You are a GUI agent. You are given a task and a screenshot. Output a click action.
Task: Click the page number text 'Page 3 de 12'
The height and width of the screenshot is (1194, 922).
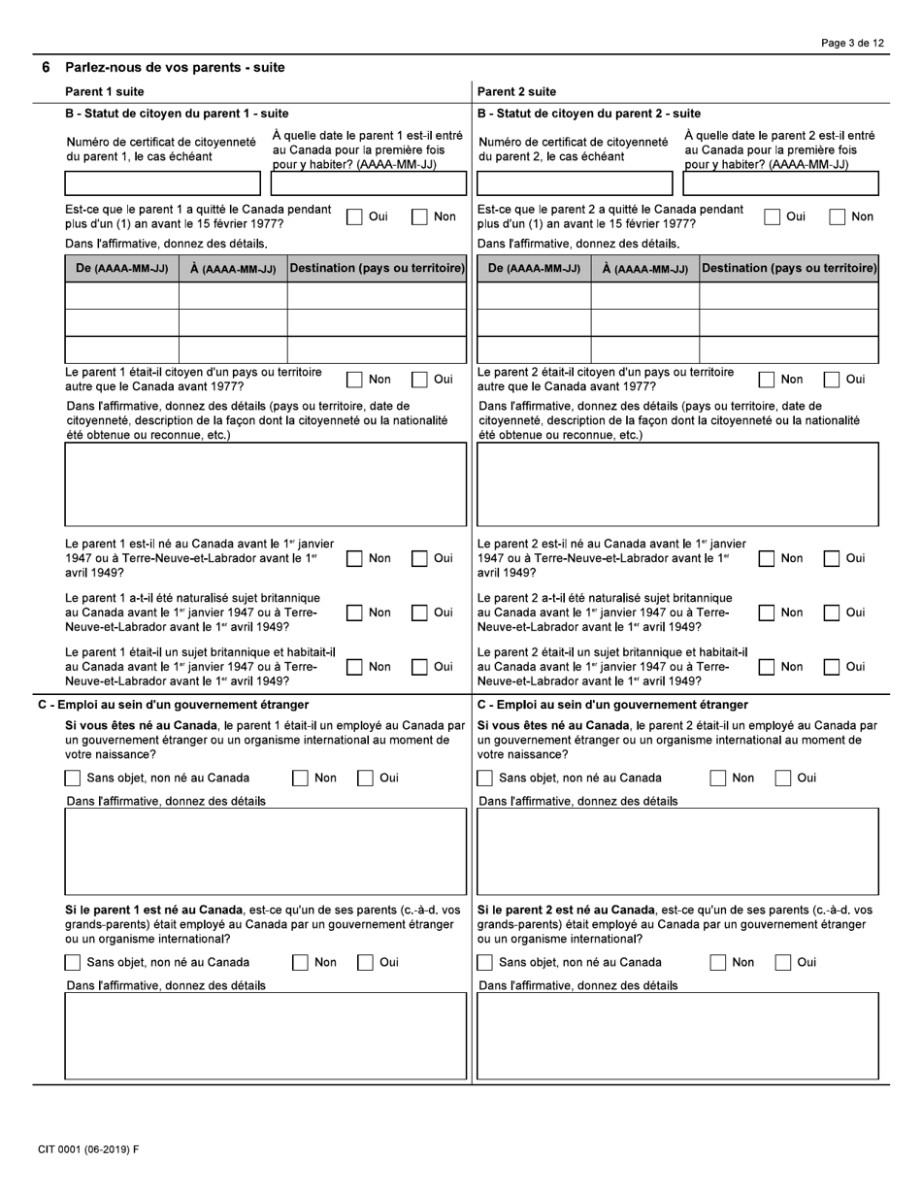pos(852,44)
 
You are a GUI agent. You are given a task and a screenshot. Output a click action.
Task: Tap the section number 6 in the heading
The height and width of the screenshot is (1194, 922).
pos(46,68)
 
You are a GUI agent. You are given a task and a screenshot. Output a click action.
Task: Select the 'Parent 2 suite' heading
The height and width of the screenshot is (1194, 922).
pos(516,92)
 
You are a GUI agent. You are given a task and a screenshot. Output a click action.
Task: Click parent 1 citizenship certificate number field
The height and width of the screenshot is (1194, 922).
pos(162,183)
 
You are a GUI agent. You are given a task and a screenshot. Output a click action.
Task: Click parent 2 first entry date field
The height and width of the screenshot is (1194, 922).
pos(781,183)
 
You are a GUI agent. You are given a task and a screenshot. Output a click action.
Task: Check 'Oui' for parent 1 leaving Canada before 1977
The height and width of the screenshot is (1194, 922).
pos(355,217)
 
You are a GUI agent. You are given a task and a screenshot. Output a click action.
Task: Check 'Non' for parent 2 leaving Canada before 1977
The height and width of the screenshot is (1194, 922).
pos(837,217)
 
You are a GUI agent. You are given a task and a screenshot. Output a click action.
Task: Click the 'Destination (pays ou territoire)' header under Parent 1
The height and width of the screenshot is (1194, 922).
pos(378,268)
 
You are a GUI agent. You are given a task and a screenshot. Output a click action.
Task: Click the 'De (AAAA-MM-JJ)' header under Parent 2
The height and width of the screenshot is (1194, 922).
pos(534,269)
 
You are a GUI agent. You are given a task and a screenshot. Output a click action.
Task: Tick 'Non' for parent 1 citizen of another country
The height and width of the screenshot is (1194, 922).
pos(355,380)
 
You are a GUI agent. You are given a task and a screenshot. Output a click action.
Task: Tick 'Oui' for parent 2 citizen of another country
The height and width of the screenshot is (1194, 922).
pos(832,380)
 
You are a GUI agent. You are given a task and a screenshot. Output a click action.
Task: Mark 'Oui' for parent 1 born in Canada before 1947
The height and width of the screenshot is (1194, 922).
pos(420,558)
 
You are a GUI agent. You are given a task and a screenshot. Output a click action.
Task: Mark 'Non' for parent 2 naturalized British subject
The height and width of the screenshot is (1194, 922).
pos(767,613)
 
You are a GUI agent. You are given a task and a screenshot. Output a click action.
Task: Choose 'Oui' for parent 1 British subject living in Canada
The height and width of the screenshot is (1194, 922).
pos(420,667)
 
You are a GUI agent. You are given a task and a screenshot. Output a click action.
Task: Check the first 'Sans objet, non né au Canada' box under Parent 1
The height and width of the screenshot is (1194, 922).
pos(73,778)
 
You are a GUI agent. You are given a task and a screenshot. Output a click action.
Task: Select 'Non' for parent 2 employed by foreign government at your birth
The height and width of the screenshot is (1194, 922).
pos(718,778)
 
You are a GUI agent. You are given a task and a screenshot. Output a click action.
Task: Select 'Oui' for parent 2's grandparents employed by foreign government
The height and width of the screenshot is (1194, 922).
pos(783,962)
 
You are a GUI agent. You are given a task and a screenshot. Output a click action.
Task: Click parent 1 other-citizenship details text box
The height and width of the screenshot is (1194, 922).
pos(265,484)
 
